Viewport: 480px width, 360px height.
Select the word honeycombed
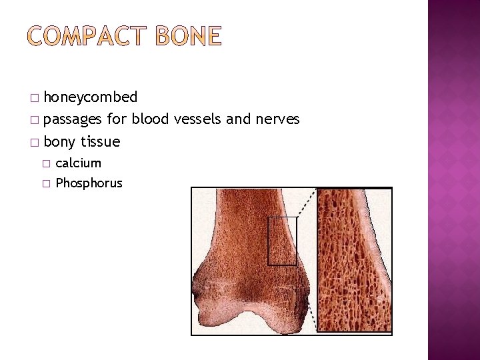[x=90, y=97]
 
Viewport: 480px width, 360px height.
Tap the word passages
[x=73, y=120]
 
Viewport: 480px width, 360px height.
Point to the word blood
[x=150, y=119]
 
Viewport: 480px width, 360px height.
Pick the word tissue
[x=100, y=141]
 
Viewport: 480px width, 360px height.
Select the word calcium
[x=78, y=163]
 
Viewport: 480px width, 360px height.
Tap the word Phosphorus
[x=89, y=183]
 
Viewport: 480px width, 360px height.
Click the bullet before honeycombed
[x=35, y=98]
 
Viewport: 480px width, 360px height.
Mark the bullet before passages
[x=35, y=120]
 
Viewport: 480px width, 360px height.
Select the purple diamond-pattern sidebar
[x=453, y=180]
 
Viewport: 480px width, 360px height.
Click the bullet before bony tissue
[x=35, y=142]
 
